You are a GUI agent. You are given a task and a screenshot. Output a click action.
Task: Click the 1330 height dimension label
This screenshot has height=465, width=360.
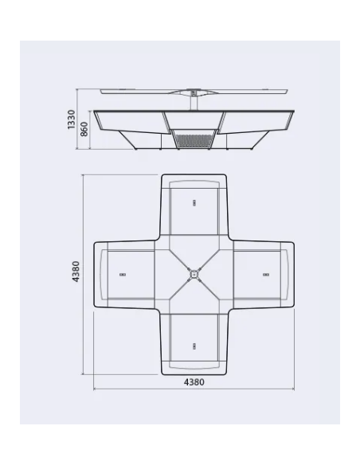pyautogui.click(x=72, y=119)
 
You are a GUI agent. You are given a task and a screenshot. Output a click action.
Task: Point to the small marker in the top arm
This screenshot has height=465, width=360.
pyautogui.click(x=194, y=202)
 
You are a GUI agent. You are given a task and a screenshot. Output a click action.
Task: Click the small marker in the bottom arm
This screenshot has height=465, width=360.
pyautogui.click(x=194, y=345)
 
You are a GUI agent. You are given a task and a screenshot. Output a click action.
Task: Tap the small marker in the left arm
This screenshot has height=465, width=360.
pyautogui.click(x=123, y=274)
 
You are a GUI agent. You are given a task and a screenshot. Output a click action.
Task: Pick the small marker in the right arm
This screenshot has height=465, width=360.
pyautogui.click(x=266, y=274)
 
